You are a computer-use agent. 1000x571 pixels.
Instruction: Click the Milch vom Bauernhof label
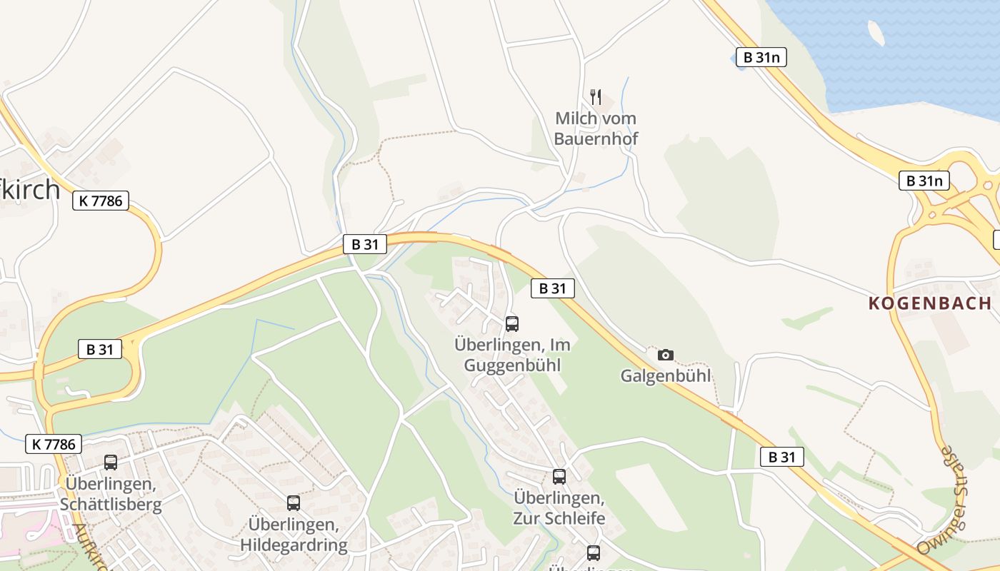point(596,128)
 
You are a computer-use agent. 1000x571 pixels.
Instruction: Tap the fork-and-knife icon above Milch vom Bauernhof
point(596,97)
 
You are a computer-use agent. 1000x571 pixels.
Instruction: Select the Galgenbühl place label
point(666,375)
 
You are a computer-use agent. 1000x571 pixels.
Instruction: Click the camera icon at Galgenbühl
point(666,355)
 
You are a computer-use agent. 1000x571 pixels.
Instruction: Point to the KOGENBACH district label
point(930,303)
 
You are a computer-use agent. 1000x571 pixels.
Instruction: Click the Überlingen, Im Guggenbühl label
point(512,355)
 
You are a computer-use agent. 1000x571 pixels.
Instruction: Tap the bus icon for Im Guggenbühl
point(512,324)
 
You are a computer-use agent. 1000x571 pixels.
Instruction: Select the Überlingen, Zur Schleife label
point(559,507)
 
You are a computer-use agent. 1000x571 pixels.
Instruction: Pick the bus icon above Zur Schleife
point(559,477)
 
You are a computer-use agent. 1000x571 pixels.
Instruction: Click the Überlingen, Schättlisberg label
point(111,494)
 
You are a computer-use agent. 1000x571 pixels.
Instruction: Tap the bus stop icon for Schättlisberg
point(111,463)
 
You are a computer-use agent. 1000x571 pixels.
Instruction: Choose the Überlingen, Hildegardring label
point(294,535)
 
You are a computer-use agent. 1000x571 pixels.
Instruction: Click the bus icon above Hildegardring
point(294,503)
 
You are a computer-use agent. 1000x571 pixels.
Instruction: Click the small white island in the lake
point(876,32)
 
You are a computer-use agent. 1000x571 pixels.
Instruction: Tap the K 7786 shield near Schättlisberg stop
point(54,444)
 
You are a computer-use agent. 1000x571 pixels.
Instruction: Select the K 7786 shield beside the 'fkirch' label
point(101,201)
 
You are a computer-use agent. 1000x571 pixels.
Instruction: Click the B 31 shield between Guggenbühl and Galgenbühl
point(553,288)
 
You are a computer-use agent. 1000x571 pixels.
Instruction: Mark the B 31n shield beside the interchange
point(924,181)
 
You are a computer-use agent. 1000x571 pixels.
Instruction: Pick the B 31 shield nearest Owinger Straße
point(782,457)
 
